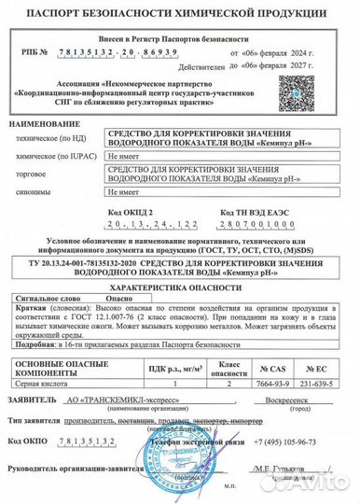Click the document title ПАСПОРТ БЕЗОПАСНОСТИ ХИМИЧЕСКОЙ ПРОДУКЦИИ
(x=180, y=14)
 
